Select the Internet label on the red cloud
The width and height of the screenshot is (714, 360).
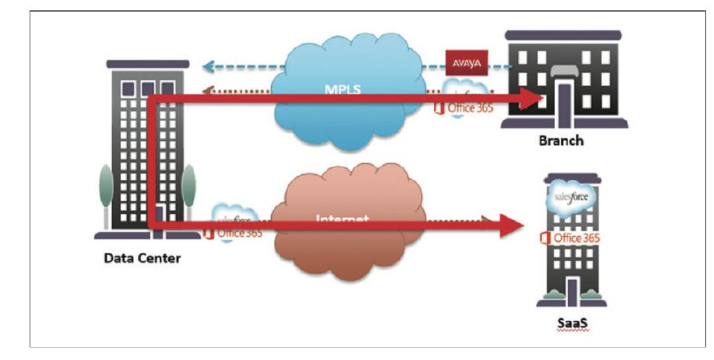coord(343,220)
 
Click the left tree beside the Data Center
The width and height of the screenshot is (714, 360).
coord(105,189)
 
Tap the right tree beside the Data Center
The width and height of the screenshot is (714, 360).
coord(188,189)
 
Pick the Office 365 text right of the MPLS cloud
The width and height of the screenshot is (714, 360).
coord(470,107)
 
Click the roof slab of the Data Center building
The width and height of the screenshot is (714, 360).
coord(148,64)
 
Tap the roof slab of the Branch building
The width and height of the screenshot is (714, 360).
coord(563,35)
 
